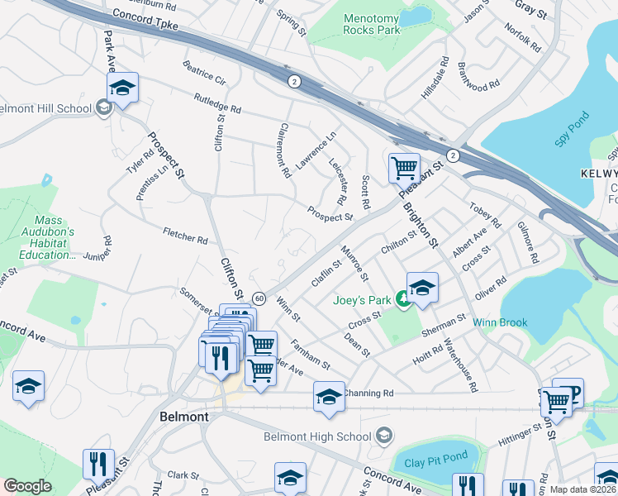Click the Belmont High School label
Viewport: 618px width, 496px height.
[317, 436]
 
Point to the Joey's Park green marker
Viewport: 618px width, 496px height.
[404, 299]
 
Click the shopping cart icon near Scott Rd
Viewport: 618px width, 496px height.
[404, 169]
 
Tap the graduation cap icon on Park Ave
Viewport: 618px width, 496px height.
[122, 88]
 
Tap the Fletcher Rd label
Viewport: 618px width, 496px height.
[185, 240]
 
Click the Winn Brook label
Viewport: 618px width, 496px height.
[500, 322]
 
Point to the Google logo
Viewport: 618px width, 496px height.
[27, 486]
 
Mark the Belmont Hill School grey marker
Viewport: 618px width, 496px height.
[104, 108]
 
